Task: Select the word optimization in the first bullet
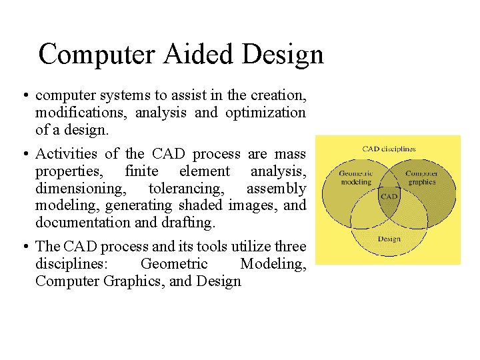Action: [265, 113]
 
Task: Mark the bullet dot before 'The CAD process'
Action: [24, 247]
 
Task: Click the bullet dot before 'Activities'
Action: [24, 155]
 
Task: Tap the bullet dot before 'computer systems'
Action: [24, 96]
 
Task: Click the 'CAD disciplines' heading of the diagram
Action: [389, 149]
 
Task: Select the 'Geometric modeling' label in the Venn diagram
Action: [355, 178]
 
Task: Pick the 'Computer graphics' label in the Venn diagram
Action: [422, 178]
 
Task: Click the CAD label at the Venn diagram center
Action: [389, 197]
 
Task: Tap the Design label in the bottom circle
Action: [389, 238]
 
